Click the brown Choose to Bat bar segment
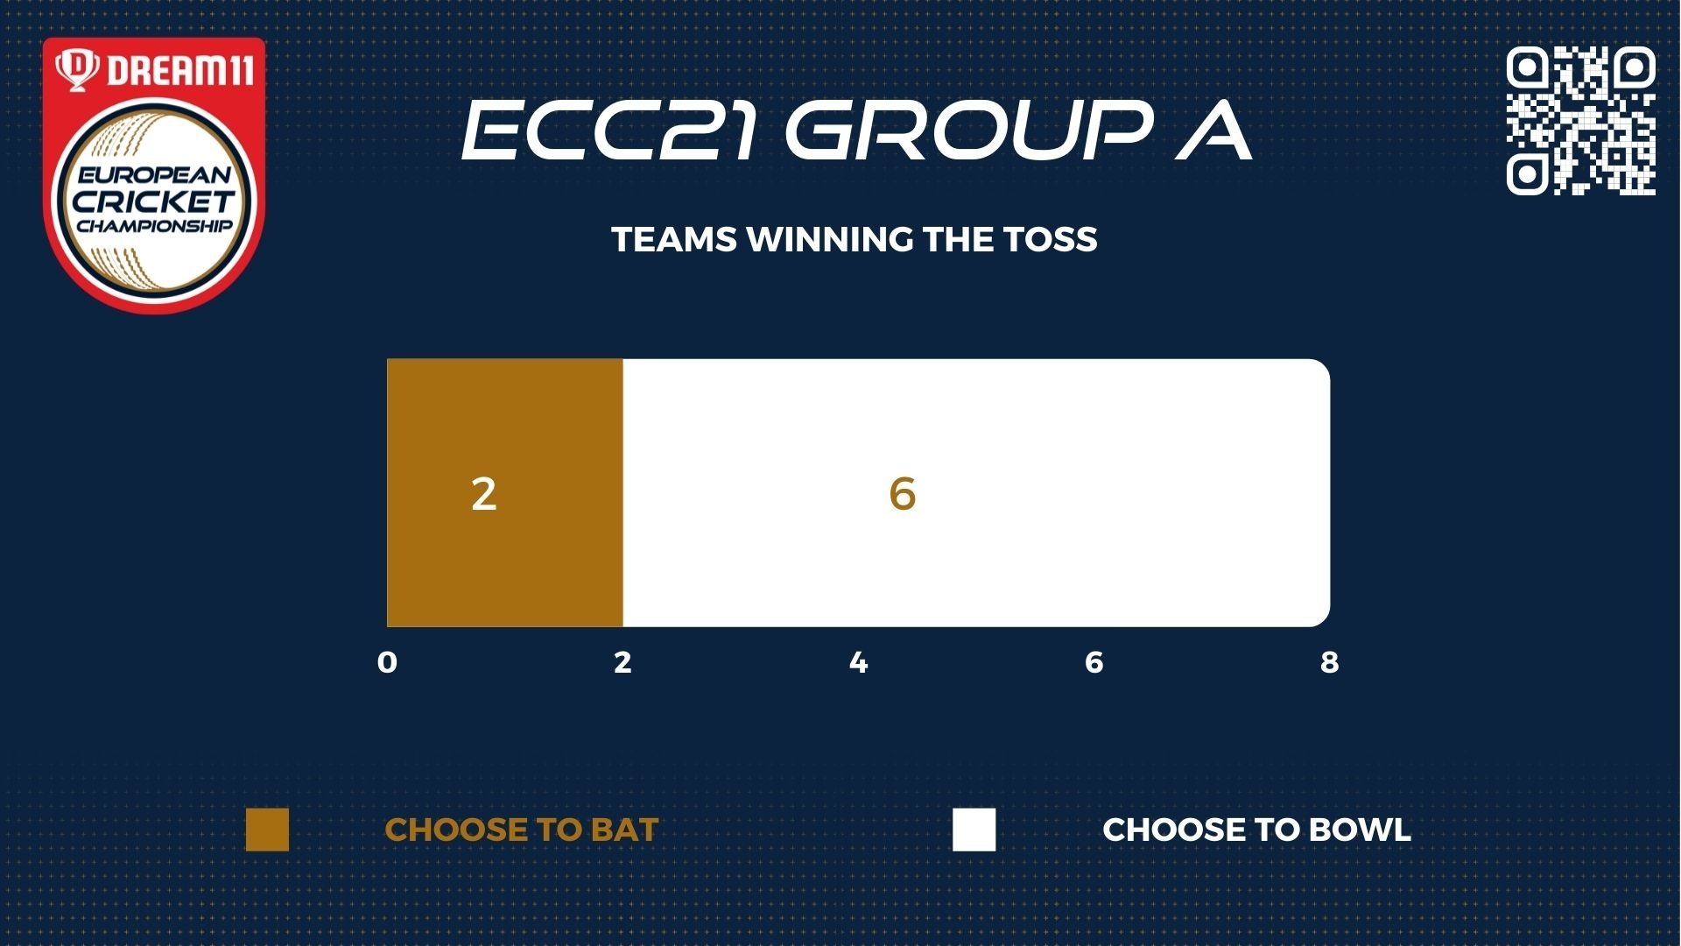click(505, 492)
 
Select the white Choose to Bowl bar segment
click(976, 492)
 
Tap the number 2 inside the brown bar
click(484, 494)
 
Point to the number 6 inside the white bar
click(903, 494)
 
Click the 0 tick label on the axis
click(387, 662)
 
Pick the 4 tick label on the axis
click(859, 662)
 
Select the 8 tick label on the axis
click(1330, 662)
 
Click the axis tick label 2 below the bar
click(622, 662)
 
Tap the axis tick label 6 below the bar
click(1094, 662)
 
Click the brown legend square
click(267, 830)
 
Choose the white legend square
click(974, 830)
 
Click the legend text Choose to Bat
click(522, 830)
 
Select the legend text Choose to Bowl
click(1257, 830)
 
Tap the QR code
click(1581, 121)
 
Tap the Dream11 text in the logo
click(180, 70)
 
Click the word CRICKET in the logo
click(154, 201)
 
